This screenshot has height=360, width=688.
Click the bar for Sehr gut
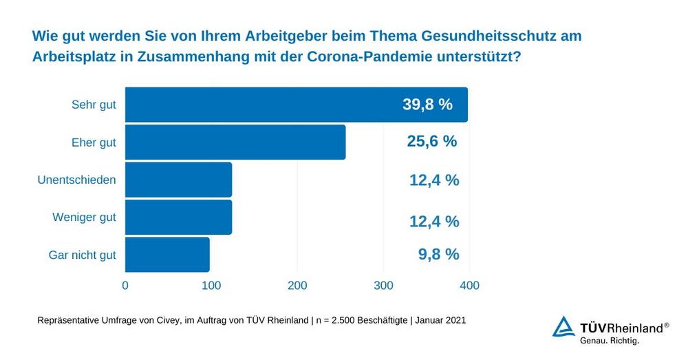(x=296, y=105)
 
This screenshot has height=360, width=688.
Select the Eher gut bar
(x=235, y=142)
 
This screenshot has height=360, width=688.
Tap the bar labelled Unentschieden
(x=178, y=180)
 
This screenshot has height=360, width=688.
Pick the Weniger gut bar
(x=178, y=218)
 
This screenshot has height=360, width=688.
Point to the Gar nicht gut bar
(x=167, y=255)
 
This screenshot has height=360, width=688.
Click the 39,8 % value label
(x=427, y=105)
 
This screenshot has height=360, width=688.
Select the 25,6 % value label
(x=431, y=142)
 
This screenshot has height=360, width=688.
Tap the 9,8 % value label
(x=438, y=254)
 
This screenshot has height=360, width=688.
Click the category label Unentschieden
(x=76, y=180)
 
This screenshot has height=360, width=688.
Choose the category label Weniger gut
(x=84, y=218)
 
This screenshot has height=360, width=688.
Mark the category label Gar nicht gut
(x=82, y=255)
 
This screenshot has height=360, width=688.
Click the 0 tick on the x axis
(x=125, y=285)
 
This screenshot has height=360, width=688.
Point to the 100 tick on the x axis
(x=211, y=285)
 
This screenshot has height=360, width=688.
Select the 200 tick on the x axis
(x=297, y=285)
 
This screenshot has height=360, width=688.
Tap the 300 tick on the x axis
(x=383, y=285)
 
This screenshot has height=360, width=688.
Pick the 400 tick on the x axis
(x=469, y=285)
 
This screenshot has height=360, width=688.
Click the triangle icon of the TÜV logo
(x=563, y=328)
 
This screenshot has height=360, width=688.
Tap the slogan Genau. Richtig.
(x=610, y=341)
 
